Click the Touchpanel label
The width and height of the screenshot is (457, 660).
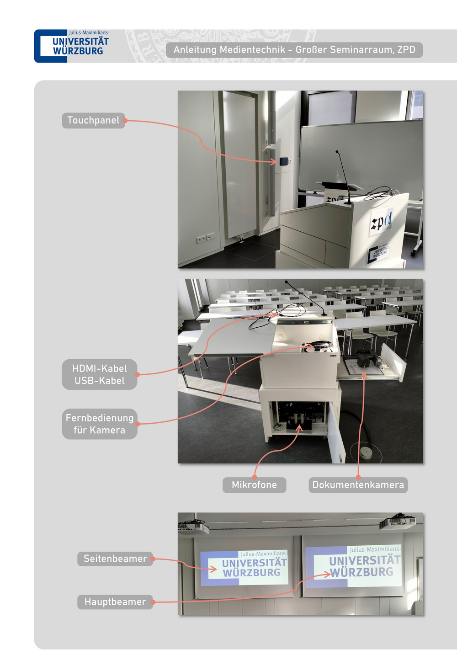(93, 121)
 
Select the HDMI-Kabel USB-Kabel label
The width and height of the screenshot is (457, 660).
(100, 374)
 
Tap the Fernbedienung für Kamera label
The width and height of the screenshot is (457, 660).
(100, 424)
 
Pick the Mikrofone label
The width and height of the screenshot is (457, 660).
(254, 485)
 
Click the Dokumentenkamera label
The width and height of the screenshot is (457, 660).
(358, 485)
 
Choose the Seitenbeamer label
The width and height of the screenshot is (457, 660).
(115, 559)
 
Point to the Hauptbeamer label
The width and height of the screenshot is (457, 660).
(115, 602)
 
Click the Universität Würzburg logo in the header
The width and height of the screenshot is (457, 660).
(72, 46)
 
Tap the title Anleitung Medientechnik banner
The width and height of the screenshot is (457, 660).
(294, 50)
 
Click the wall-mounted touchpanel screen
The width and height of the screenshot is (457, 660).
(284, 161)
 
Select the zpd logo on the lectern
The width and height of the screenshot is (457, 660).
(382, 221)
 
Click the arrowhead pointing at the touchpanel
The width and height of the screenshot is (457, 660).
(274, 161)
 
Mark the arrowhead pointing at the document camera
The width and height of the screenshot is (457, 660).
(364, 374)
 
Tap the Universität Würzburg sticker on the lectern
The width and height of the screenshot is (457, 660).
(379, 252)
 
